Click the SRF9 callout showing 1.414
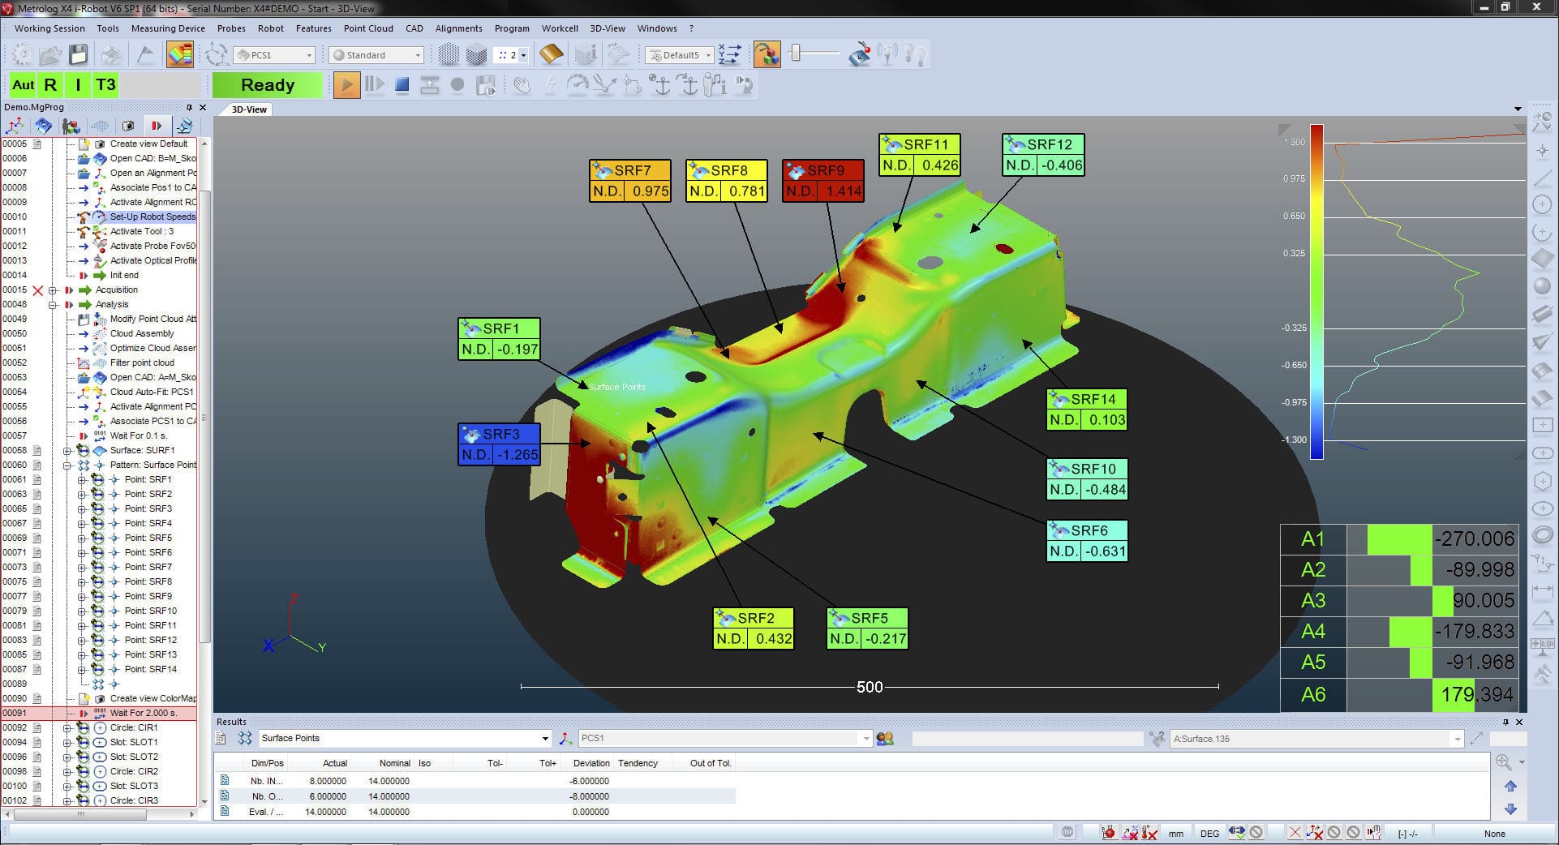click(x=822, y=181)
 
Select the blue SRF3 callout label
click(x=499, y=444)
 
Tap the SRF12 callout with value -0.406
click(x=1043, y=155)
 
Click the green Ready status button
click(x=267, y=85)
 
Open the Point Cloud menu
click(x=368, y=28)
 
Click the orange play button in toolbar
click(x=346, y=85)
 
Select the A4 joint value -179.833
click(x=1473, y=631)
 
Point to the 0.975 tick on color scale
click(x=1294, y=178)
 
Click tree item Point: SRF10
click(x=150, y=611)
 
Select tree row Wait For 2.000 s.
click(x=143, y=713)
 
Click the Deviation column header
click(x=591, y=763)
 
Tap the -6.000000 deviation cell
click(x=589, y=781)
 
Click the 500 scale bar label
click(x=869, y=687)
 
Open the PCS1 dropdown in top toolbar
click(x=274, y=55)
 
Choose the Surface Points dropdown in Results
click(x=404, y=738)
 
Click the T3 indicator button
click(x=105, y=85)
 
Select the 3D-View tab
click(x=249, y=109)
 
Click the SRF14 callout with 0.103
click(x=1086, y=410)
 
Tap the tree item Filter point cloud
click(x=142, y=362)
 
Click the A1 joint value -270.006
click(x=1473, y=539)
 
